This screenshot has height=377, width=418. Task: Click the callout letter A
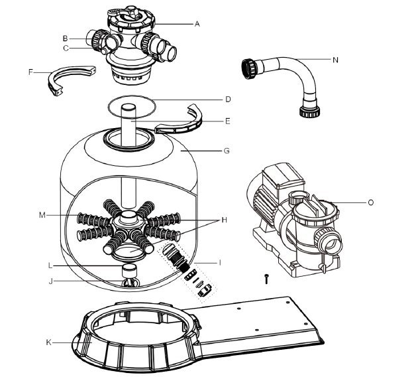click(x=197, y=24)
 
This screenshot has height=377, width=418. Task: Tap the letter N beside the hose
click(x=335, y=60)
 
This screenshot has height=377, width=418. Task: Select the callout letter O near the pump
click(x=370, y=202)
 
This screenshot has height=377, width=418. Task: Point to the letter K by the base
click(x=48, y=342)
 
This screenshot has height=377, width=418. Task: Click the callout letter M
click(x=42, y=215)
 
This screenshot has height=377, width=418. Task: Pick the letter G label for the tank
click(x=227, y=151)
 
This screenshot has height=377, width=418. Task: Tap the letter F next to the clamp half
click(x=30, y=72)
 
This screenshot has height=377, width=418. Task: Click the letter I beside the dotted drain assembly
click(x=220, y=263)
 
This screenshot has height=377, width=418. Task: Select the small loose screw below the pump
click(x=266, y=279)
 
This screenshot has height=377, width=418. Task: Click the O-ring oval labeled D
click(x=132, y=96)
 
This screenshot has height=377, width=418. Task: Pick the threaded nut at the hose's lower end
click(x=309, y=112)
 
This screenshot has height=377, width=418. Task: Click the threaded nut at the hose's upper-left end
click(x=249, y=68)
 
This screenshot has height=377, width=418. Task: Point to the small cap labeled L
click(x=129, y=270)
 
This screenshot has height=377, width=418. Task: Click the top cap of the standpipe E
click(x=129, y=107)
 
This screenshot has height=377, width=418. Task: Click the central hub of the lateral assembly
click(x=129, y=219)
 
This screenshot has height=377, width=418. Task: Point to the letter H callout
click(x=224, y=220)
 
